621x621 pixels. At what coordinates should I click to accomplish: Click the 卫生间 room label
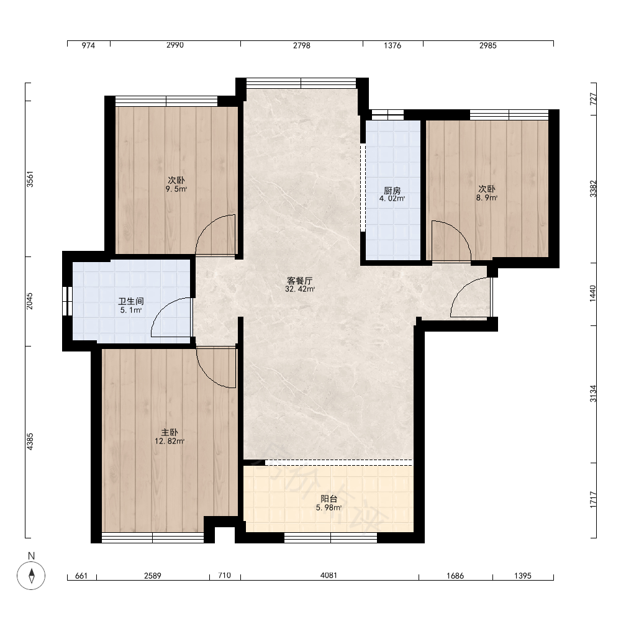(x=130, y=301)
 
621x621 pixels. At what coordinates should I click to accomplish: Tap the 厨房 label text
(x=392, y=191)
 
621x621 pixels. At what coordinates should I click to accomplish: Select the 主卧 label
(x=170, y=432)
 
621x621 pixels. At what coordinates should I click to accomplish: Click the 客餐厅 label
(x=299, y=281)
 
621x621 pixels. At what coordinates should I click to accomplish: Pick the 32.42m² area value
(x=300, y=289)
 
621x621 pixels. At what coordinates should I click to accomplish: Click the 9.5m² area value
(x=176, y=189)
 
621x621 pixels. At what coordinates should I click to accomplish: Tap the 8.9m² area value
(x=487, y=197)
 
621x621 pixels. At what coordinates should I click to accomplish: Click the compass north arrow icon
(x=31, y=576)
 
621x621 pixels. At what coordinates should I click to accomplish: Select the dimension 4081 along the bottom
(x=329, y=575)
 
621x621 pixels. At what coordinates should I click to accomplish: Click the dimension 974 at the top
(x=88, y=45)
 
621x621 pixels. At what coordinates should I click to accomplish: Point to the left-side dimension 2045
(x=30, y=301)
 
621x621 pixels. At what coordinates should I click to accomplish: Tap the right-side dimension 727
(x=593, y=99)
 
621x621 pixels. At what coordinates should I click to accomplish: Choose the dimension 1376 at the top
(x=392, y=45)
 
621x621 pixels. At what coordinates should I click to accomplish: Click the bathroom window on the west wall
(x=67, y=301)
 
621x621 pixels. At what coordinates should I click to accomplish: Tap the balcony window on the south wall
(x=331, y=537)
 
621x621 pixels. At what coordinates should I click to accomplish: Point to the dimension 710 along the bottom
(x=225, y=575)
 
